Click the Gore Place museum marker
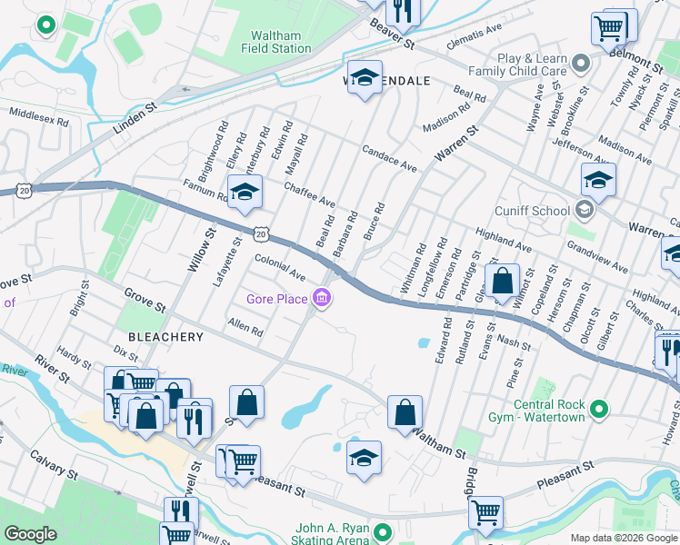pyautogui.click(x=321, y=298)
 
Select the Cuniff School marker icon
pyautogui.click(x=584, y=211)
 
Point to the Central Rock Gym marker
pyautogui.click(x=598, y=411)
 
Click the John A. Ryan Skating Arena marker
pyautogui.click(x=383, y=532)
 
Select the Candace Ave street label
pyautogui.click(x=389, y=159)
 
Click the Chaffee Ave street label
pyautogui.click(x=309, y=196)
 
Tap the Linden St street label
pyautogui.click(x=135, y=119)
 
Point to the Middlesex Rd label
pyautogui.click(x=38, y=115)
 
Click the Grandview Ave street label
pyautogui.click(x=596, y=257)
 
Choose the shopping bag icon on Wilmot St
pyautogui.click(x=502, y=282)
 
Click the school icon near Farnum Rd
pyautogui.click(x=245, y=193)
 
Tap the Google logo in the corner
pyautogui.click(x=31, y=534)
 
